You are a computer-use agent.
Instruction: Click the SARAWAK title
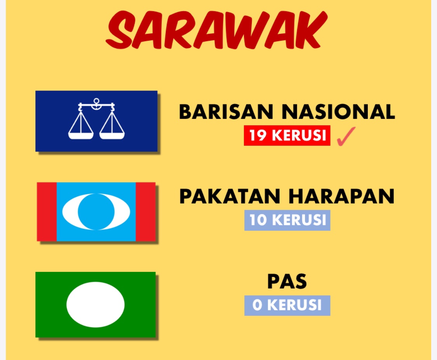(216, 30)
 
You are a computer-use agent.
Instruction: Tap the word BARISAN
(226, 112)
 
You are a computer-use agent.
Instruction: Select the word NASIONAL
(338, 112)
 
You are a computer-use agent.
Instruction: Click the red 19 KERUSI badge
(287, 136)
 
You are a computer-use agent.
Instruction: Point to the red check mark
(346, 137)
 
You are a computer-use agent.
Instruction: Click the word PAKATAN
(230, 197)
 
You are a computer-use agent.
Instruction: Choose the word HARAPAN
(341, 197)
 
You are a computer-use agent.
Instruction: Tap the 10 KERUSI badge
(287, 220)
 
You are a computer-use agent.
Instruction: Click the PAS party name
(287, 282)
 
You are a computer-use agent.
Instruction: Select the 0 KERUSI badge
(287, 305)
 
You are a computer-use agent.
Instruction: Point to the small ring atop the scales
(96, 101)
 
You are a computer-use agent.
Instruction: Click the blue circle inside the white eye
(96, 212)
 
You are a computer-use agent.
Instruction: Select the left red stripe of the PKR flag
(47, 212)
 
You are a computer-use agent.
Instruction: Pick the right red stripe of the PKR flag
(146, 212)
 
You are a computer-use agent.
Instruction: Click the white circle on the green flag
(96, 304)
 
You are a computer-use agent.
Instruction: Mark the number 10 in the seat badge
(258, 220)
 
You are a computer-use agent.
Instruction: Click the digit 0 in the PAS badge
(257, 305)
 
